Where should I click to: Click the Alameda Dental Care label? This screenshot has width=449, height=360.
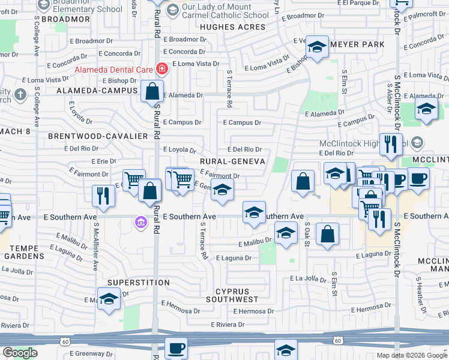pos(113,70)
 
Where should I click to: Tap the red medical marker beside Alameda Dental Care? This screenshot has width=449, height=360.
pos(161,70)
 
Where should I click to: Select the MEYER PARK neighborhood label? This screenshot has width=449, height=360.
pos(357,44)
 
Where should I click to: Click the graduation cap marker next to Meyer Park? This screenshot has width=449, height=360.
pos(316,46)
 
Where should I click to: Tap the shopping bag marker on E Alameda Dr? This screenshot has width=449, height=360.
pos(152,92)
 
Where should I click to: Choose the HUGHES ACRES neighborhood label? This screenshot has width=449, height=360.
pos(232,27)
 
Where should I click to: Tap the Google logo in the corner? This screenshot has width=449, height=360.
pos(20,353)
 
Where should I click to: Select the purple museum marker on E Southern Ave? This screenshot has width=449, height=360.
pos(140,223)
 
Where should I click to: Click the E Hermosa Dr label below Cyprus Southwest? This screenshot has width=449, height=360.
pos(253,311)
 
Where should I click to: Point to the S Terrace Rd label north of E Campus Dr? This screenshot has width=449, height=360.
pos(229,88)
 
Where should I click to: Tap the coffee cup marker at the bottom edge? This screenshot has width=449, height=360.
pos(176,348)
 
